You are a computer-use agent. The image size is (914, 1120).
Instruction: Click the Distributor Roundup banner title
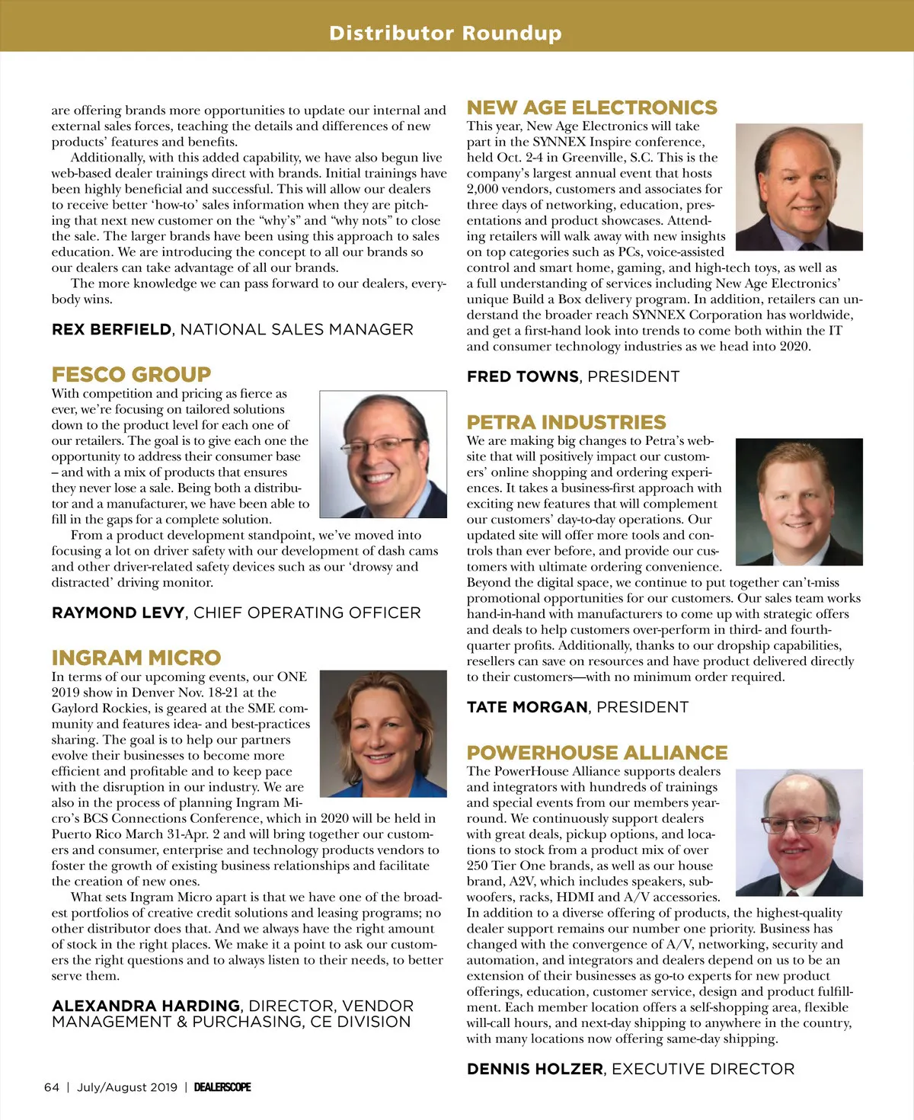446,33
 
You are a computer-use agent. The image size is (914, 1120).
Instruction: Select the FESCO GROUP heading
131,374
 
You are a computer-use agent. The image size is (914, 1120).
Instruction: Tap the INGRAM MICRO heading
136,658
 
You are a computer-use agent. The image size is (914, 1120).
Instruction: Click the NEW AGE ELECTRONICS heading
592,107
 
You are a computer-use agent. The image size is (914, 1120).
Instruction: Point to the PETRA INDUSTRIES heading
566,422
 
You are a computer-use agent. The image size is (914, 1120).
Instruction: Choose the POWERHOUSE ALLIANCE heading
597,753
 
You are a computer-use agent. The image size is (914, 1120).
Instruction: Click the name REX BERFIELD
111,329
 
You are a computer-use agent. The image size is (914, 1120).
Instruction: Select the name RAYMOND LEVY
118,613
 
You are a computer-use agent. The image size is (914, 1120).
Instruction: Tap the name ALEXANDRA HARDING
145,1006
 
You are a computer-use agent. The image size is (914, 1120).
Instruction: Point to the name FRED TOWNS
523,376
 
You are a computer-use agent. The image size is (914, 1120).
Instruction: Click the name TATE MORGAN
527,707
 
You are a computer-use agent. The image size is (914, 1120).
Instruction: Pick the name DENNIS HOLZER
535,1069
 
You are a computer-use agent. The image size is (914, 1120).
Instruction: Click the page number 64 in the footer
51,1087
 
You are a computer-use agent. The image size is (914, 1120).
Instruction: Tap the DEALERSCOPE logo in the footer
222,1087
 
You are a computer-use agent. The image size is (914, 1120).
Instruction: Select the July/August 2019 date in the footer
126,1087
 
